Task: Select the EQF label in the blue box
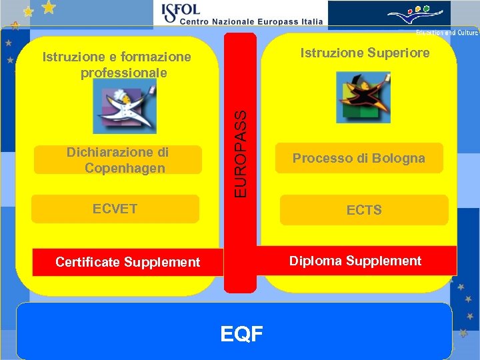pos(242,333)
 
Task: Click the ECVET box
pos(115,209)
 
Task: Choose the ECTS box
pos(364,210)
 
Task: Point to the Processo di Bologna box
pos(359,158)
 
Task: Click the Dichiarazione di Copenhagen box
pos(117,160)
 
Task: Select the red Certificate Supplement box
pos(127,262)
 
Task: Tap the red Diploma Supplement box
pos(355,261)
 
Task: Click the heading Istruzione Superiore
pos(365,53)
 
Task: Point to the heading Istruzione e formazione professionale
pos(117,65)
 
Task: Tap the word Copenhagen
pos(125,168)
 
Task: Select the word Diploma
pos(313,261)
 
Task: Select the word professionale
pos(124,72)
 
